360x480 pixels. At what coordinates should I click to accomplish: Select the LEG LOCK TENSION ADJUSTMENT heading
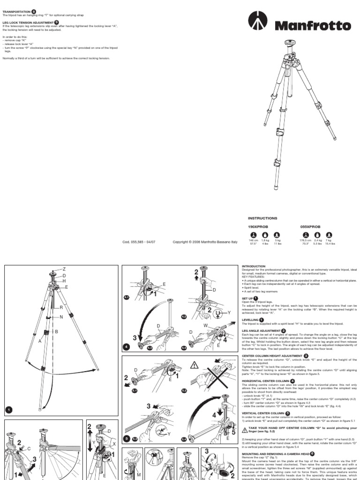(28, 22)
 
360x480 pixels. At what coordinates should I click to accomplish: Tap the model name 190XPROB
(257, 226)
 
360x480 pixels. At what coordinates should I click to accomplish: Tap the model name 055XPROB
(310, 226)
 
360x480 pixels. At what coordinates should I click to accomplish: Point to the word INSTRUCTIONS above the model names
(262, 218)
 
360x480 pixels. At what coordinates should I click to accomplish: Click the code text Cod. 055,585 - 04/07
(139, 242)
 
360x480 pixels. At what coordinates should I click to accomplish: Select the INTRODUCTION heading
(254, 266)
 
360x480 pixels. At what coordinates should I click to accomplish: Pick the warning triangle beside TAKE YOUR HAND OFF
(245, 429)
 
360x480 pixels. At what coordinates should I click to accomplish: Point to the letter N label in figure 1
(61, 317)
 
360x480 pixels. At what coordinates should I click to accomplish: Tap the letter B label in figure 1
(56, 331)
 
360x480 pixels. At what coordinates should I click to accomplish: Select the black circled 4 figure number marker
(127, 346)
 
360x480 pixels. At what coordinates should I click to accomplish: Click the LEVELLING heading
(252, 319)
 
